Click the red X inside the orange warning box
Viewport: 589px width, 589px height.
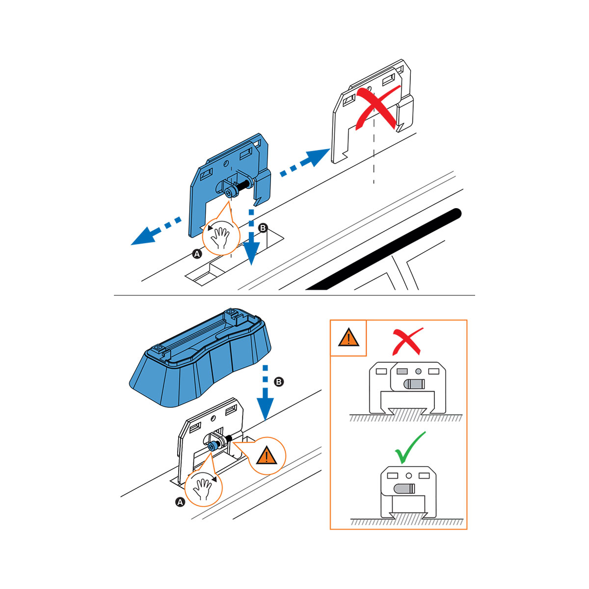pos(407,341)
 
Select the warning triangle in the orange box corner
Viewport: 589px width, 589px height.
pos(348,337)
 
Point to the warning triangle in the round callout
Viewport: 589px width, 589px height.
pos(267,455)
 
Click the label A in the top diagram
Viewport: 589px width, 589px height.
pos(197,254)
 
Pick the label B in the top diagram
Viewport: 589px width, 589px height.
pos(263,228)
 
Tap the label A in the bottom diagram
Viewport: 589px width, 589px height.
pos(180,502)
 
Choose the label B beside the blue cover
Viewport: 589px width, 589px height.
pos(279,382)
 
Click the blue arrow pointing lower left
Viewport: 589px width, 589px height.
pos(156,231)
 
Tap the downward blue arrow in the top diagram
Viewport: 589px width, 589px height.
pos(251,237)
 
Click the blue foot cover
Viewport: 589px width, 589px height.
pos(200,358)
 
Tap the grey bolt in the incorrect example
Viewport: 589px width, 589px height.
pos(414,384)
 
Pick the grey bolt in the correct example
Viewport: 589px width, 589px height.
pos(404,489)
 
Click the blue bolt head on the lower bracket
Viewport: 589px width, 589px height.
pos(212,447)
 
